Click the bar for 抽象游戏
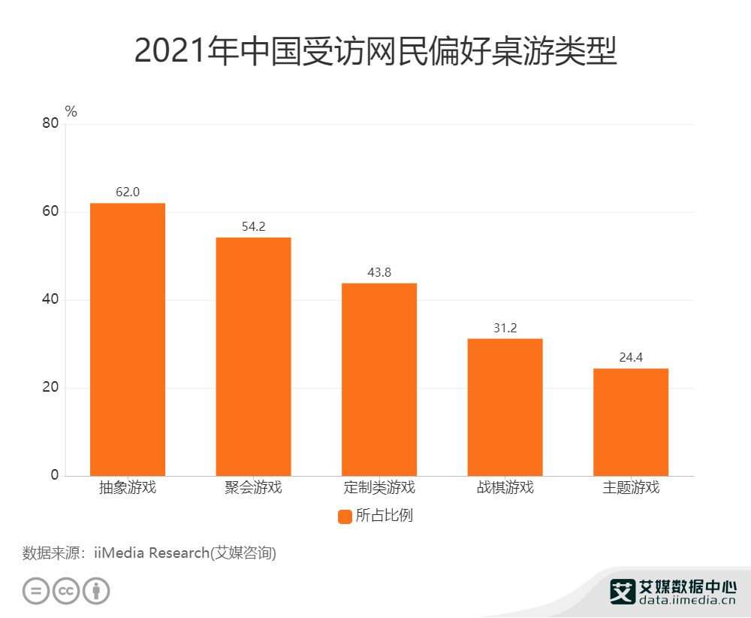[128, 339]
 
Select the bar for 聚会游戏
[253, 356]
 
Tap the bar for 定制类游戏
[379, 379]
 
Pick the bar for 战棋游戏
[505, 407]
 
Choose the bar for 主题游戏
[631, 422]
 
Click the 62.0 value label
[128, 192]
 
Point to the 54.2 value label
[253, 226]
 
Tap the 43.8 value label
[379, 272]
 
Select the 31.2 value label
[505, 328]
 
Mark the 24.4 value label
[631, 358]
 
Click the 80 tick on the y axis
[50, 124]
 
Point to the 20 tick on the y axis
[50, 388]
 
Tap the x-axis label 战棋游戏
[505, 487]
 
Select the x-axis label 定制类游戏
[379, 487]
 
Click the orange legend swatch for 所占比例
[345, 517]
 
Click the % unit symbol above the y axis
[71, 111]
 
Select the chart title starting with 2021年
[375, 51]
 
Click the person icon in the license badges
[96, 590]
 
